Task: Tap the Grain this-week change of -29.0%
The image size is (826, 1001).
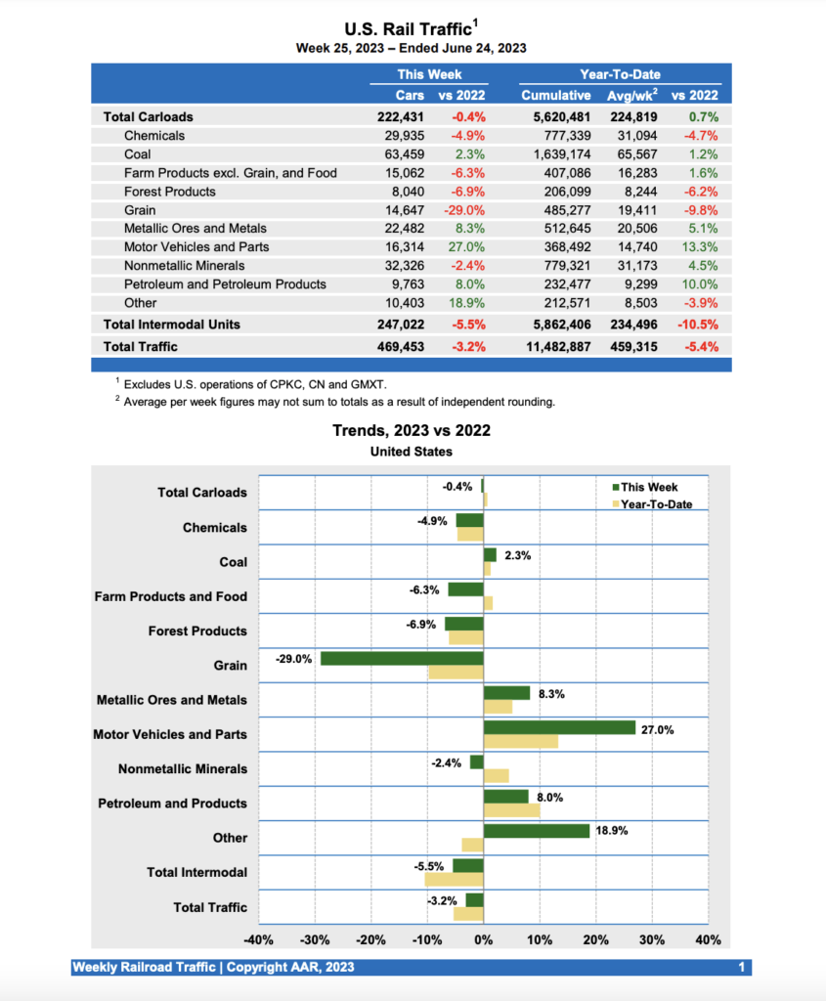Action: (x=467, y=210)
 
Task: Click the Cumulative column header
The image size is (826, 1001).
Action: (x=555, y=95)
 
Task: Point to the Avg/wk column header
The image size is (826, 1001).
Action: (x=630, y=95)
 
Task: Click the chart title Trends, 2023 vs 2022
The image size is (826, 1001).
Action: (x=412, y=430)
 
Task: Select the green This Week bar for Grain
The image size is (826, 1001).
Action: (x=402, y=658)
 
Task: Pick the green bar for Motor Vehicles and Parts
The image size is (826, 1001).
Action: (x=559, y=727)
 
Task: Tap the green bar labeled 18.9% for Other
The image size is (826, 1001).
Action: (x=536, y=831)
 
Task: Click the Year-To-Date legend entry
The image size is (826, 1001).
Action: (x=656, y=504)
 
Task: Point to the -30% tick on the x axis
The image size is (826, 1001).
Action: (x=315, y=939)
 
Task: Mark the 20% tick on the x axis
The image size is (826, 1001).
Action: (x=595, y=939)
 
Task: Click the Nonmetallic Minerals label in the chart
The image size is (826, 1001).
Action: (x=183, y=768)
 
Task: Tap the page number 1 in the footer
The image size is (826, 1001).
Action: (x=743, y=968)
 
